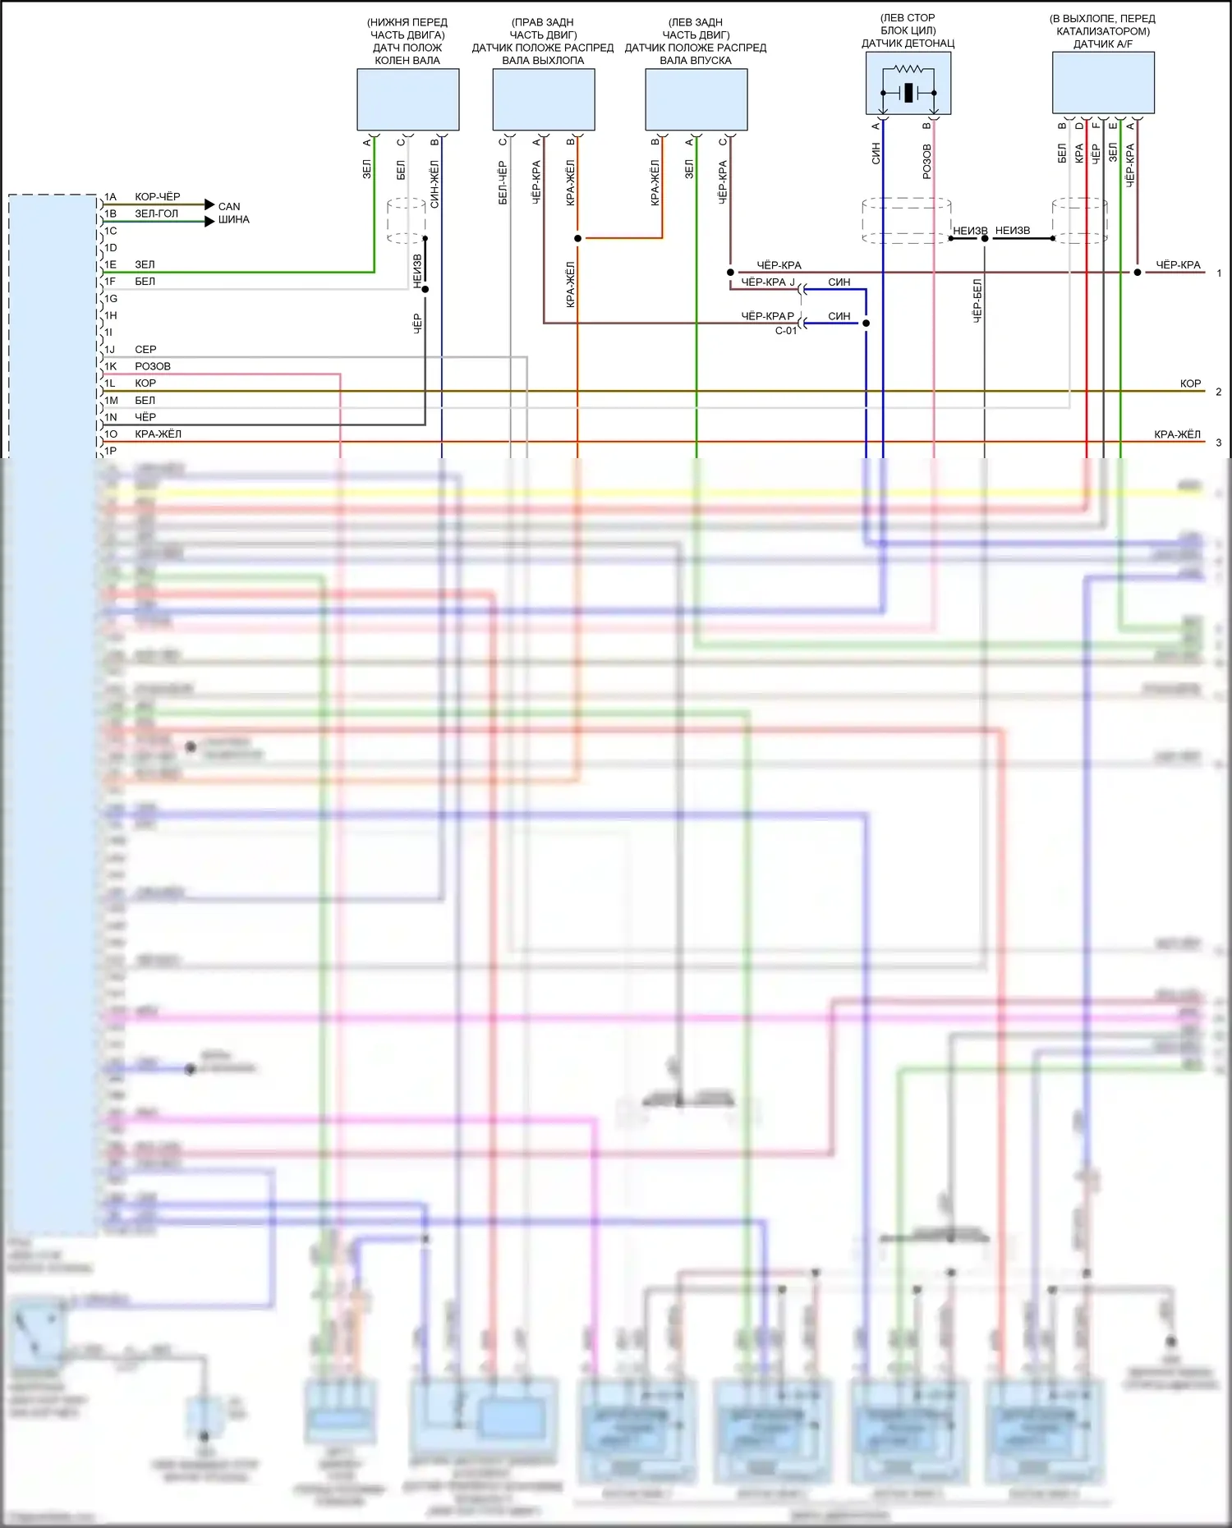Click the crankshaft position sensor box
point(407,99)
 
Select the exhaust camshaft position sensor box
point(543,99)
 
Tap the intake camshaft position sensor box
point(696,99)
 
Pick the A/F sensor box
point(1103,83)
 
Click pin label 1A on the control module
point(110,197)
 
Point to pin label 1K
point(110,366)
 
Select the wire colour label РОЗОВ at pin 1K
point(153,366)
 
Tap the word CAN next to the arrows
point(229,207)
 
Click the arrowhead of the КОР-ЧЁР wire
point(209,204)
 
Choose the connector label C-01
point(786,331)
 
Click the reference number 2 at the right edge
point(1219,392)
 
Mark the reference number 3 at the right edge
point(1219,443)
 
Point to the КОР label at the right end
point(1190,383)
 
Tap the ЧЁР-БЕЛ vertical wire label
point(977,301)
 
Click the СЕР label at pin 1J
point(145,350)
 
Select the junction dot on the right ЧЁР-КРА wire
point(1138,272)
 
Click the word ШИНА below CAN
point(233,220)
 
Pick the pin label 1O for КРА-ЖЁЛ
point(110,434)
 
